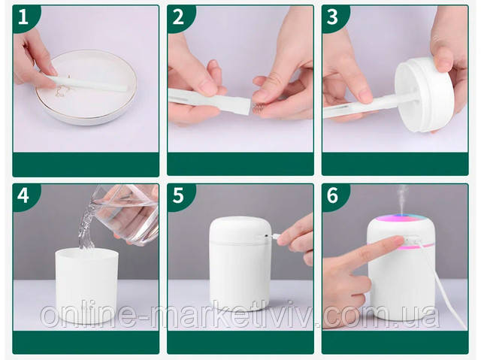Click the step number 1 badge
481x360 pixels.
23,17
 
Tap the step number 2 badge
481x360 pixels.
178,17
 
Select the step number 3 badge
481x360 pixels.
333,17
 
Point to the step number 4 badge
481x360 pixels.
23,195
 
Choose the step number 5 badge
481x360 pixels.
178,195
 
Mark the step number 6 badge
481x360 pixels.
333,195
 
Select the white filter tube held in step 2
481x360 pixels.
210,101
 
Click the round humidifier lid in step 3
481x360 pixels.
422,95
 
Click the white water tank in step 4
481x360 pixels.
87,286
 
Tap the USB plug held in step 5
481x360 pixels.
276,237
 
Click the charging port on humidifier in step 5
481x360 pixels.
266,236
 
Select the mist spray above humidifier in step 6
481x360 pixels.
403,198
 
